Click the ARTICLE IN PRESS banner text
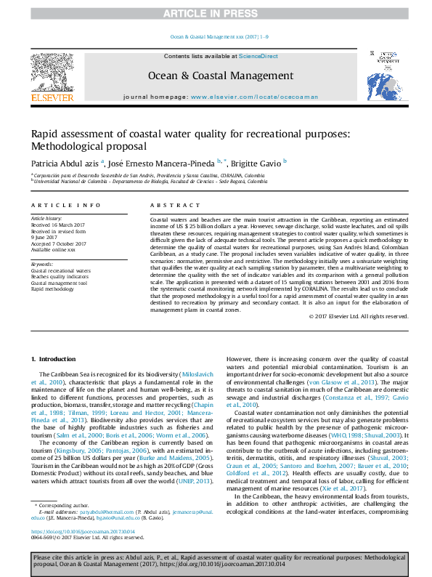click(216, 13)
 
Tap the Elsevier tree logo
click(52, 71)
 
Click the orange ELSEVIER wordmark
click(52, 97)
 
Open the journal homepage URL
click(244, 97)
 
